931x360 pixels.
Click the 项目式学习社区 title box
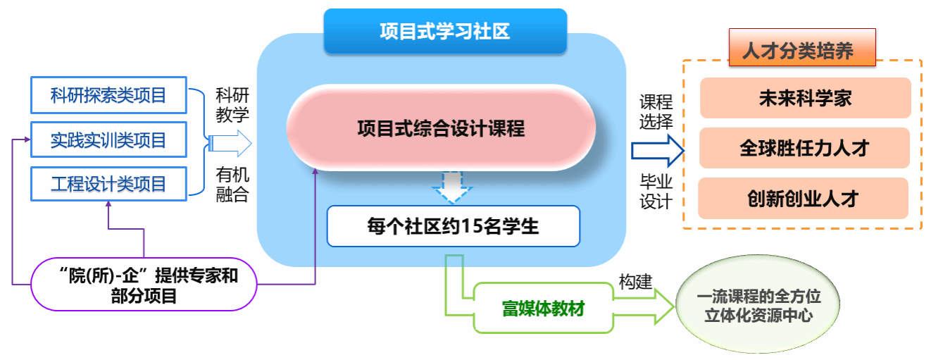444,32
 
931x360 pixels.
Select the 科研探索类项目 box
108,95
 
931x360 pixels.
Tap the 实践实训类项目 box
108,139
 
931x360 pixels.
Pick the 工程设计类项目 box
108,185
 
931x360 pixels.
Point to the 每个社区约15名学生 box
453,226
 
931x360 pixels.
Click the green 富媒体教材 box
543,308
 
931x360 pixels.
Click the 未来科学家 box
804,98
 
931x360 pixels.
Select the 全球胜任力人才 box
804,148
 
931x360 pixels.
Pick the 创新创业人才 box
803,198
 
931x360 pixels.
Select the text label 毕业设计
656,192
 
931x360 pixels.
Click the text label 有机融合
232,185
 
